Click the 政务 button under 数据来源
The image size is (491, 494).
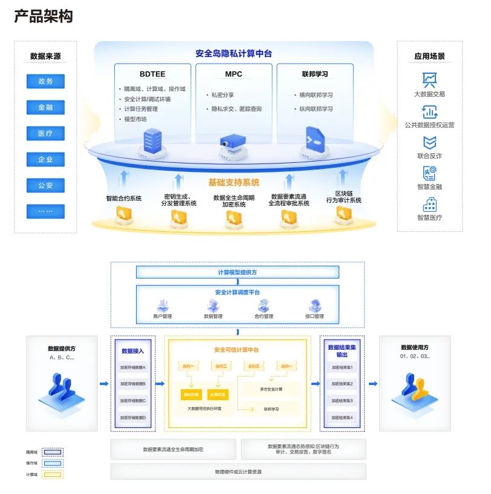(45, 81)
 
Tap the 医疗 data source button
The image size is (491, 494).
(45, 133)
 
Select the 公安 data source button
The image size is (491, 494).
(45, 185)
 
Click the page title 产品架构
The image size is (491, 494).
(43, 16)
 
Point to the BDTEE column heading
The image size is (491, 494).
(152, 74)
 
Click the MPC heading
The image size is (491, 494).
(233, 74)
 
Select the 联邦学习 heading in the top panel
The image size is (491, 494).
(314, 74)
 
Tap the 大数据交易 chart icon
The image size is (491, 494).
(429, 80)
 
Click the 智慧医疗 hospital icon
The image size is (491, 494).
(429, 204)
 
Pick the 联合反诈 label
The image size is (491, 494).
(429, 156)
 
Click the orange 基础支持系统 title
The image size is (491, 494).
(233, 182)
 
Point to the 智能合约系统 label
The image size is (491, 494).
(123, 198)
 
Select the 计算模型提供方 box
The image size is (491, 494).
(237, 272)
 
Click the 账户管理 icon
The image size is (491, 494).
(163, 305)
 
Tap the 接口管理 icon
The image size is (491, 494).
(314, 305)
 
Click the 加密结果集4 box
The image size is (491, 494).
(342, 418)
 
